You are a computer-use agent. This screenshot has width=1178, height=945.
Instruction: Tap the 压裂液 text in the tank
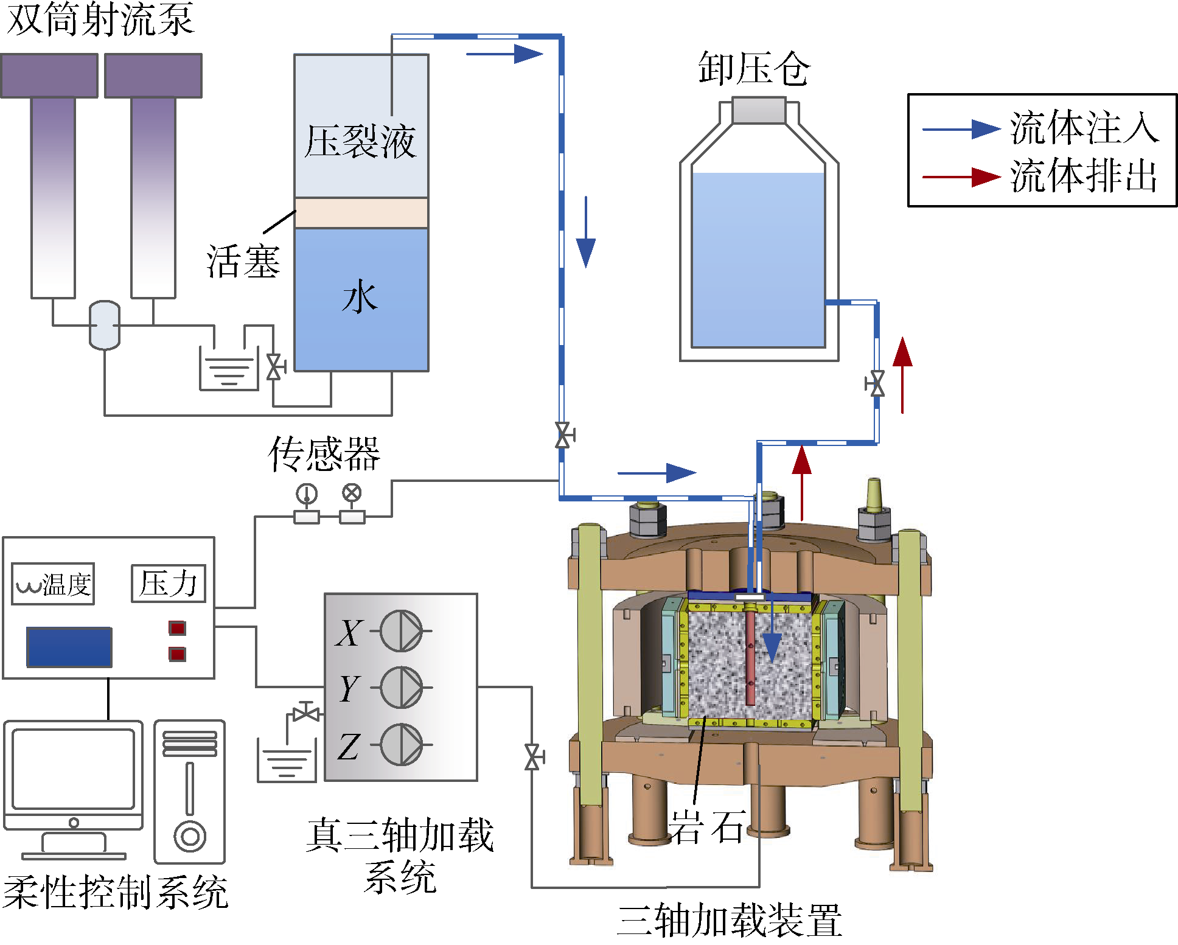tap(360, 141)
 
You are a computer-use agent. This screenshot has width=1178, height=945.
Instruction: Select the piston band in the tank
tap(361, 213)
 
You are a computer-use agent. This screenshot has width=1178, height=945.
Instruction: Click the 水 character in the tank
tap(360, 297)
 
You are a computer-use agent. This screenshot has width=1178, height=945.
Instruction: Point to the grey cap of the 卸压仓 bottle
tap(759, 110)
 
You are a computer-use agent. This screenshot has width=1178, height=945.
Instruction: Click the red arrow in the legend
tap(961, 177)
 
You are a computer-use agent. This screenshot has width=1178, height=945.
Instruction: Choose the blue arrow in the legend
tap(961, 129)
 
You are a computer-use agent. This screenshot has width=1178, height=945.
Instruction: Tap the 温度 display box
tap(54, 584)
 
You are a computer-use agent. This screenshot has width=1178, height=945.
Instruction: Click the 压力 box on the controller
tap(169, 584)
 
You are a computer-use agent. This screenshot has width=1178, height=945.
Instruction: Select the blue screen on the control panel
tap(69, 647)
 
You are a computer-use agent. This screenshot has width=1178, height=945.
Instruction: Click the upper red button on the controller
tap(177, 628)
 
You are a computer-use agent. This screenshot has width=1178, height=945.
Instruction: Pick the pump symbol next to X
tap(401, 631)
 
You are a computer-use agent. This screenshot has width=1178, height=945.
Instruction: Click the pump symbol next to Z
tap(401, 744)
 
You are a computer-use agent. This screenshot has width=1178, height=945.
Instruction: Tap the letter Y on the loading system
tap(349, 688)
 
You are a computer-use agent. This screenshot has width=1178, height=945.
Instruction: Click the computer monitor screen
tap(74, 769)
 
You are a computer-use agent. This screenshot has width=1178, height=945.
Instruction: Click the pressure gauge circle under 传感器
tap(307, 493)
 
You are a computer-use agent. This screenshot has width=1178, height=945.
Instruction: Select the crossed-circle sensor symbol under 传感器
tap(352, 492)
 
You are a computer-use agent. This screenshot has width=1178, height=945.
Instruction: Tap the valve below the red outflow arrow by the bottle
tap(876, 384)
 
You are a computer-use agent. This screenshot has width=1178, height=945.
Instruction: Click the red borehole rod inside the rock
tap(750, 657)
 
